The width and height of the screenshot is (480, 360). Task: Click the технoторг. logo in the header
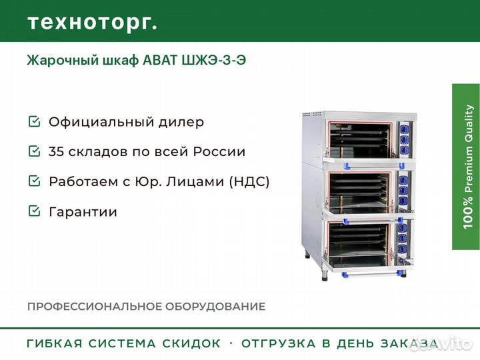tap(93, 22)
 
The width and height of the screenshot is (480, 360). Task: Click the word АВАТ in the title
tap(161, 60)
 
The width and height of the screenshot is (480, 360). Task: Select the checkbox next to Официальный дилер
tap(34, 122)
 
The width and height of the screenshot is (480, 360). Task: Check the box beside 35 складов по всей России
tap(34, 151)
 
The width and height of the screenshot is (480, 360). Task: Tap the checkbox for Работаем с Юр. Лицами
tap(34, 181)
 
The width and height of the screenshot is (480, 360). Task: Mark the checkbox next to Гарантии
tap(34, 211)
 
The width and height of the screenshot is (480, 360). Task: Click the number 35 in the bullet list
tap(58, 151)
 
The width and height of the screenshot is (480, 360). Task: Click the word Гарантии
tap(83, 212)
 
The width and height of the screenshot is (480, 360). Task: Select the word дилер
tap(182, 123)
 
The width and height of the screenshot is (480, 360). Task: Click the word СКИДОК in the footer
tap(191, 344)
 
